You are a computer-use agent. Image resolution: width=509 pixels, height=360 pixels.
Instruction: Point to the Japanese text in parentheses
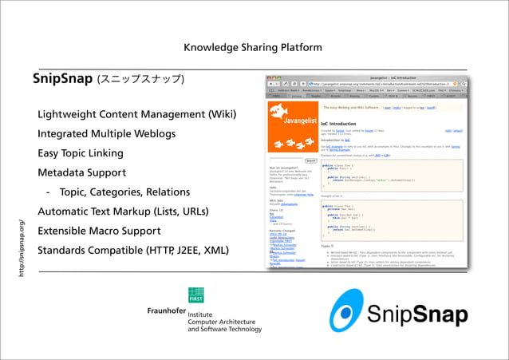click(x=140, y=79)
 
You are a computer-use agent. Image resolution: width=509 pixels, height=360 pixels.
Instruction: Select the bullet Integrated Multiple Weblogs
click(x=106, y=133)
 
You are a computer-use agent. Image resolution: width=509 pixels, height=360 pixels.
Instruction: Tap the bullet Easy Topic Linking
click(x=81, y=152)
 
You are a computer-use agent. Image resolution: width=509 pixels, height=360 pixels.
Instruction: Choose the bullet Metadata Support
click(x=81, y=172)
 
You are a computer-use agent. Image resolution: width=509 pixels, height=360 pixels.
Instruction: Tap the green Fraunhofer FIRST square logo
click(x=195, y=295)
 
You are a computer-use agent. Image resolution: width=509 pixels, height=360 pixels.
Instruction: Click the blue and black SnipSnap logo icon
click(x=352, y=309)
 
